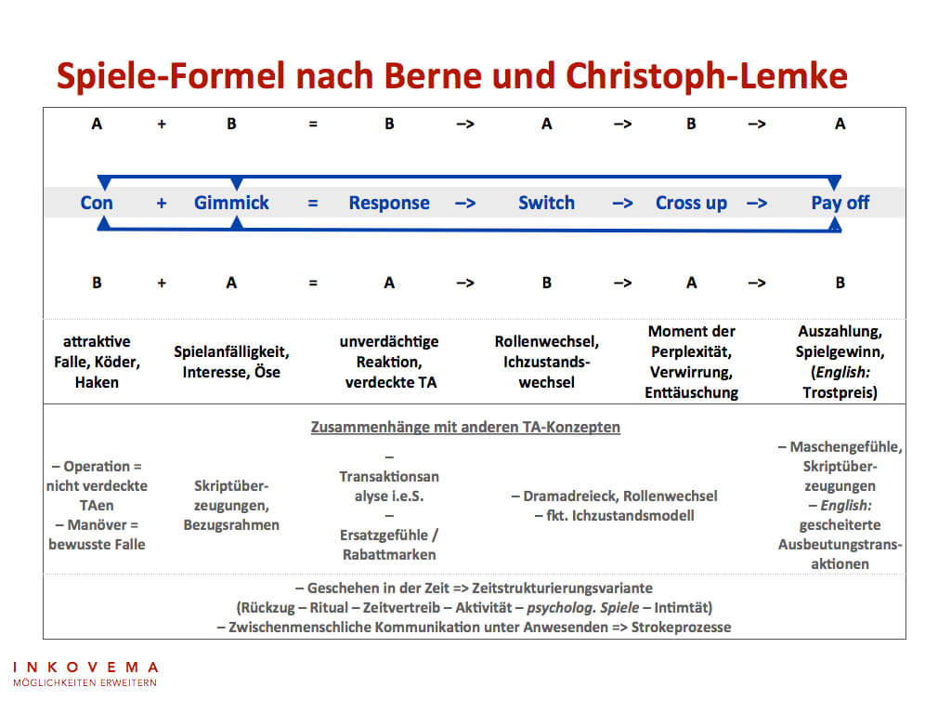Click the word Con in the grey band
(x=97, y=203)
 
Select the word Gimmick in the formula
(x=231, y=203)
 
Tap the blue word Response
(x=389, y=203)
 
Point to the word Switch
(x=546, y=203)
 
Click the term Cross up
(x=691, y=203)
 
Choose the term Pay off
(x=840, y=203)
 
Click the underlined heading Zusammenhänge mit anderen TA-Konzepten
(x=464, y=428)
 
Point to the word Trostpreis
(x=840, y=392)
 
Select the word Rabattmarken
(x=388, y=555)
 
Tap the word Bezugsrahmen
(x=231, y=524)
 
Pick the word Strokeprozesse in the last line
(x=681, y=627)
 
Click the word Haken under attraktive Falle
(x=97, y=382)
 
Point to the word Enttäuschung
(x=691, y=392)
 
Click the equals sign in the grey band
(x=313, y=203)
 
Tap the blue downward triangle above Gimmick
(x=237, y=183)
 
